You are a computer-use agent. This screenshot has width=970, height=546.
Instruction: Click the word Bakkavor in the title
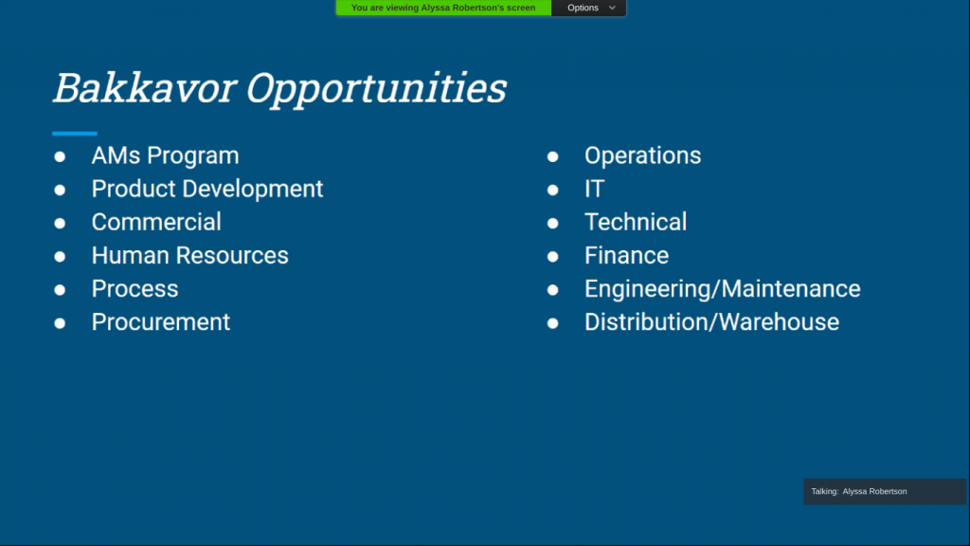145,87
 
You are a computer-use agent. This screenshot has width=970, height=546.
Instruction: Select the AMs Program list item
165,156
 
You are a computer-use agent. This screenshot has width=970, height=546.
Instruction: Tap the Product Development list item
207,189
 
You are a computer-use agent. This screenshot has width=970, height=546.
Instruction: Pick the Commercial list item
156,222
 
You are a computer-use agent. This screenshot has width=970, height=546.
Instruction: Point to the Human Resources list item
189,256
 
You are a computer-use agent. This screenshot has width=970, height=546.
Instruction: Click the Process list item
135,289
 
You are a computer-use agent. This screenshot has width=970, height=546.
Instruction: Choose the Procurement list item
161,322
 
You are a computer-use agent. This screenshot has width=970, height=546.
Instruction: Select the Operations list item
643,156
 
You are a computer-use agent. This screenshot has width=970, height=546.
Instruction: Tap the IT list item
595,189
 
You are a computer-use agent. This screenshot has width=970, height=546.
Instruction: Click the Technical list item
636,222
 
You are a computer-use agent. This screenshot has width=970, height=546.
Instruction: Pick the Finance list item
627,256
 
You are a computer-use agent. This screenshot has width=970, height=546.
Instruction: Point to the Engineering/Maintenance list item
723,289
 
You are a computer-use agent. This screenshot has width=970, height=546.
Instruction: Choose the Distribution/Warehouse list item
712,322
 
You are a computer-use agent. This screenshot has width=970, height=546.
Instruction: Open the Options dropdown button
589,8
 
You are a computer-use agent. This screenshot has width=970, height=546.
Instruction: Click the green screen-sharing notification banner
443,8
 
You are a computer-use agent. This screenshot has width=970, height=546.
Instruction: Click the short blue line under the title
75,133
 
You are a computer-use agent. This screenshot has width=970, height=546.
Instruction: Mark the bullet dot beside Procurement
60,323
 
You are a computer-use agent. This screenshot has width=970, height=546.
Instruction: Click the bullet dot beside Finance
552,256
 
